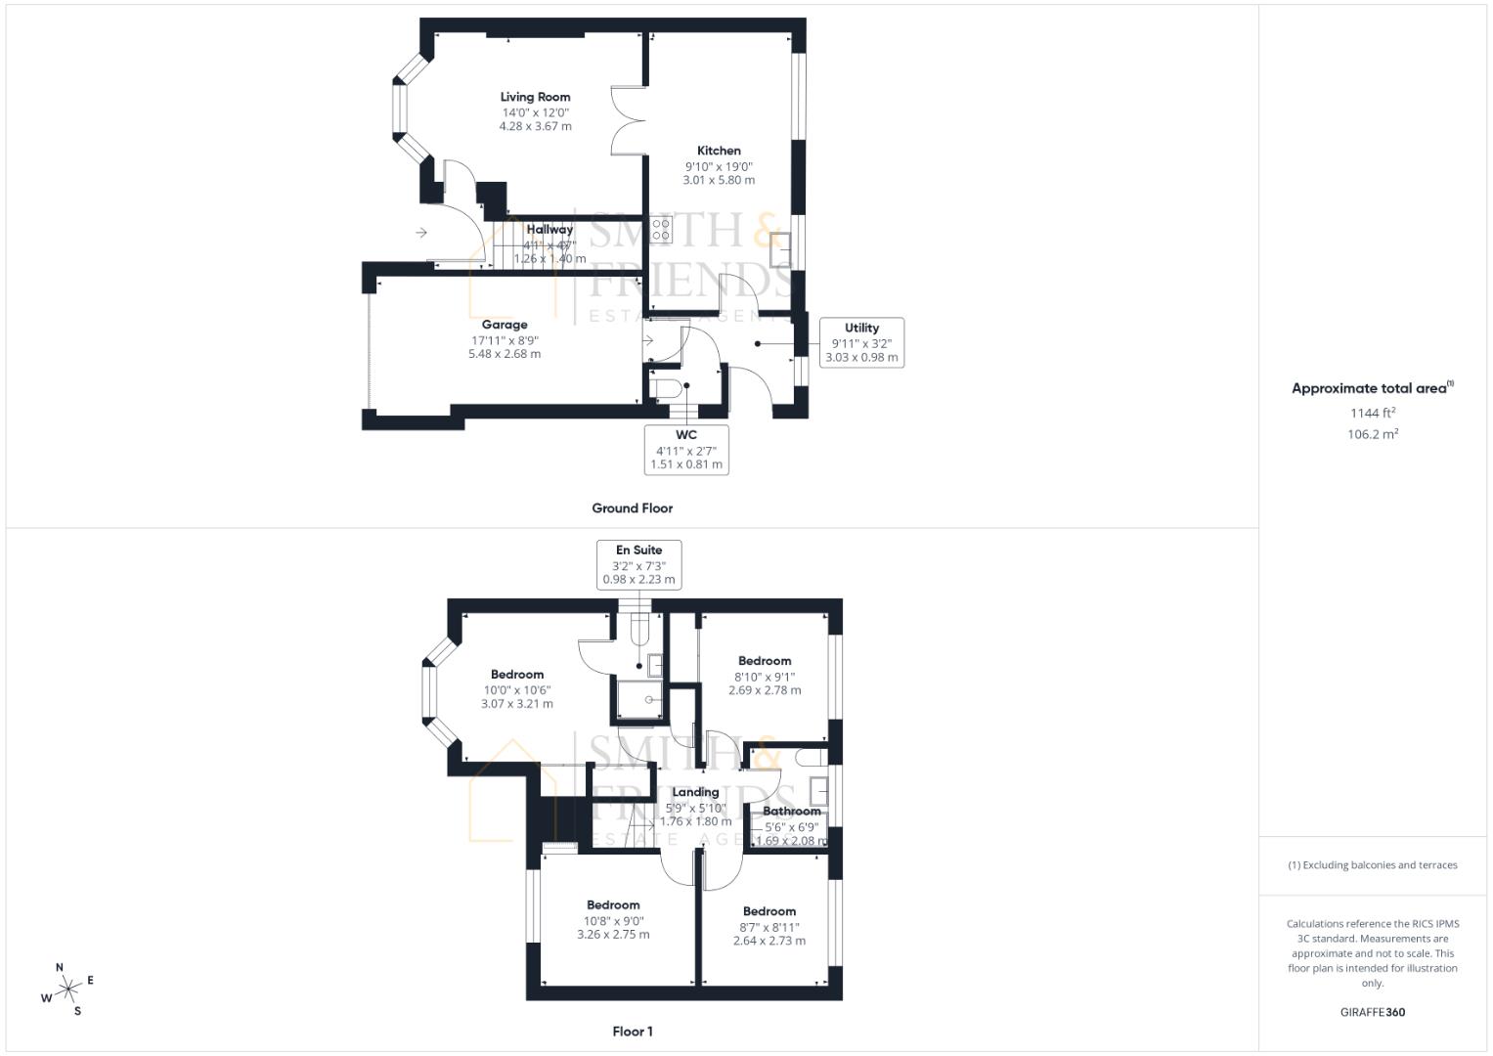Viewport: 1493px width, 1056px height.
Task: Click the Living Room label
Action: tap(535, 97)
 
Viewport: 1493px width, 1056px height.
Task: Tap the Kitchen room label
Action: tap(719, 151)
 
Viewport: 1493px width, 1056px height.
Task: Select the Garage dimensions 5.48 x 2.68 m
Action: tap(505, 354)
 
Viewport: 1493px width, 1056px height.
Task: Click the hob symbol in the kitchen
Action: tap(661, 230)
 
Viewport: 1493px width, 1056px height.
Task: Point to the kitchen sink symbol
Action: tap(780, 250)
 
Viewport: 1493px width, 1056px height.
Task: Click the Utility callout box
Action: tap(861, 342)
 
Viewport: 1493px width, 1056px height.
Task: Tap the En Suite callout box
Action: tap(638, 564)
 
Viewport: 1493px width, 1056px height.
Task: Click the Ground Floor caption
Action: tap(632, 508)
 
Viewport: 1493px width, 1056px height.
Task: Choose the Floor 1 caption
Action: tap(632, 1032)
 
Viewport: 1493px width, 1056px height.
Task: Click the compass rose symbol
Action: tap(67, 990)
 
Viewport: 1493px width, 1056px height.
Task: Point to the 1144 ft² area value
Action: tap(1372, 413)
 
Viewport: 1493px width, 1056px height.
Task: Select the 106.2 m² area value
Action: tap(1372, 434)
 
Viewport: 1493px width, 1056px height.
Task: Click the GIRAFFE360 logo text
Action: tap(1372, 1012)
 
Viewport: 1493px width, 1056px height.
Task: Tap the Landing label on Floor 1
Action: tap(695, 792)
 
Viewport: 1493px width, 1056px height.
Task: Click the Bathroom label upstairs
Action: tap(791, 811)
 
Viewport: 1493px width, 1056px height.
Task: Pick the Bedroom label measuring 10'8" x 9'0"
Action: tap(613, 905)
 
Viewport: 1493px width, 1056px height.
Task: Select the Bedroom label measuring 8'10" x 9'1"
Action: tap(765, 661)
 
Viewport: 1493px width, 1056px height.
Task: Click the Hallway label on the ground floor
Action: tap(549, 230)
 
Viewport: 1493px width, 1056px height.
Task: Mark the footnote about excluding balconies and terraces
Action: tap(1372, 865)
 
